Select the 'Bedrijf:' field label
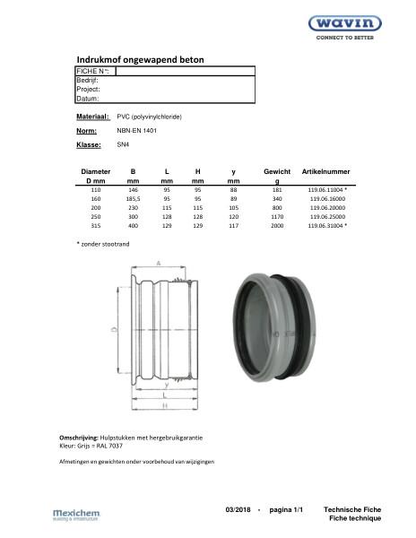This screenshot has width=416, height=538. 87,80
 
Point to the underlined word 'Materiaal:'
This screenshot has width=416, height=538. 92,117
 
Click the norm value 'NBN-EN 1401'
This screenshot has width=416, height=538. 137,131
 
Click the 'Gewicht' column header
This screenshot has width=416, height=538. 277,170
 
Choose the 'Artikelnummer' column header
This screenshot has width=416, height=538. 326,170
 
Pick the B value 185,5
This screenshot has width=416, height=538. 133,200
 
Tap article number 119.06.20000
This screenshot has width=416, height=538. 326,209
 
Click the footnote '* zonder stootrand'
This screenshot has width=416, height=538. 104,245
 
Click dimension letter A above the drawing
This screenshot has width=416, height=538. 159,265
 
